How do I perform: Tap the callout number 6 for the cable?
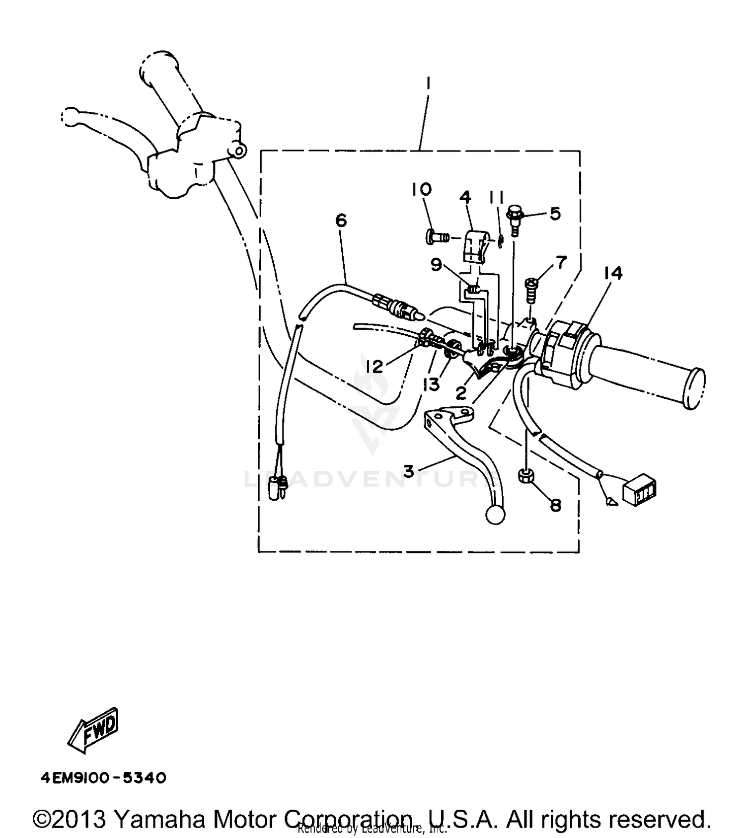click(x=341, y=220)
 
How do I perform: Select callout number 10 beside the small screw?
click(x=422, y=189)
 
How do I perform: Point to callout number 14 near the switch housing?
click(x=613, y=273)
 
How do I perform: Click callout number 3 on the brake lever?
click(x=408, y=470)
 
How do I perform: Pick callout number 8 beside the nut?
click(x=555, y=505)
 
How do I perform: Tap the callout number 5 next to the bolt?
click(x=555, y=213)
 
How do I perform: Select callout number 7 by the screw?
click(x=561, y=262)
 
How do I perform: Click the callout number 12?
click(x=374, y=367)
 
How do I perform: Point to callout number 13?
click(x=431, y=384)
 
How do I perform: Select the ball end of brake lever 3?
click(x=495, y=516)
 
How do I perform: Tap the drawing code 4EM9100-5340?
click(x=103, y=777)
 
